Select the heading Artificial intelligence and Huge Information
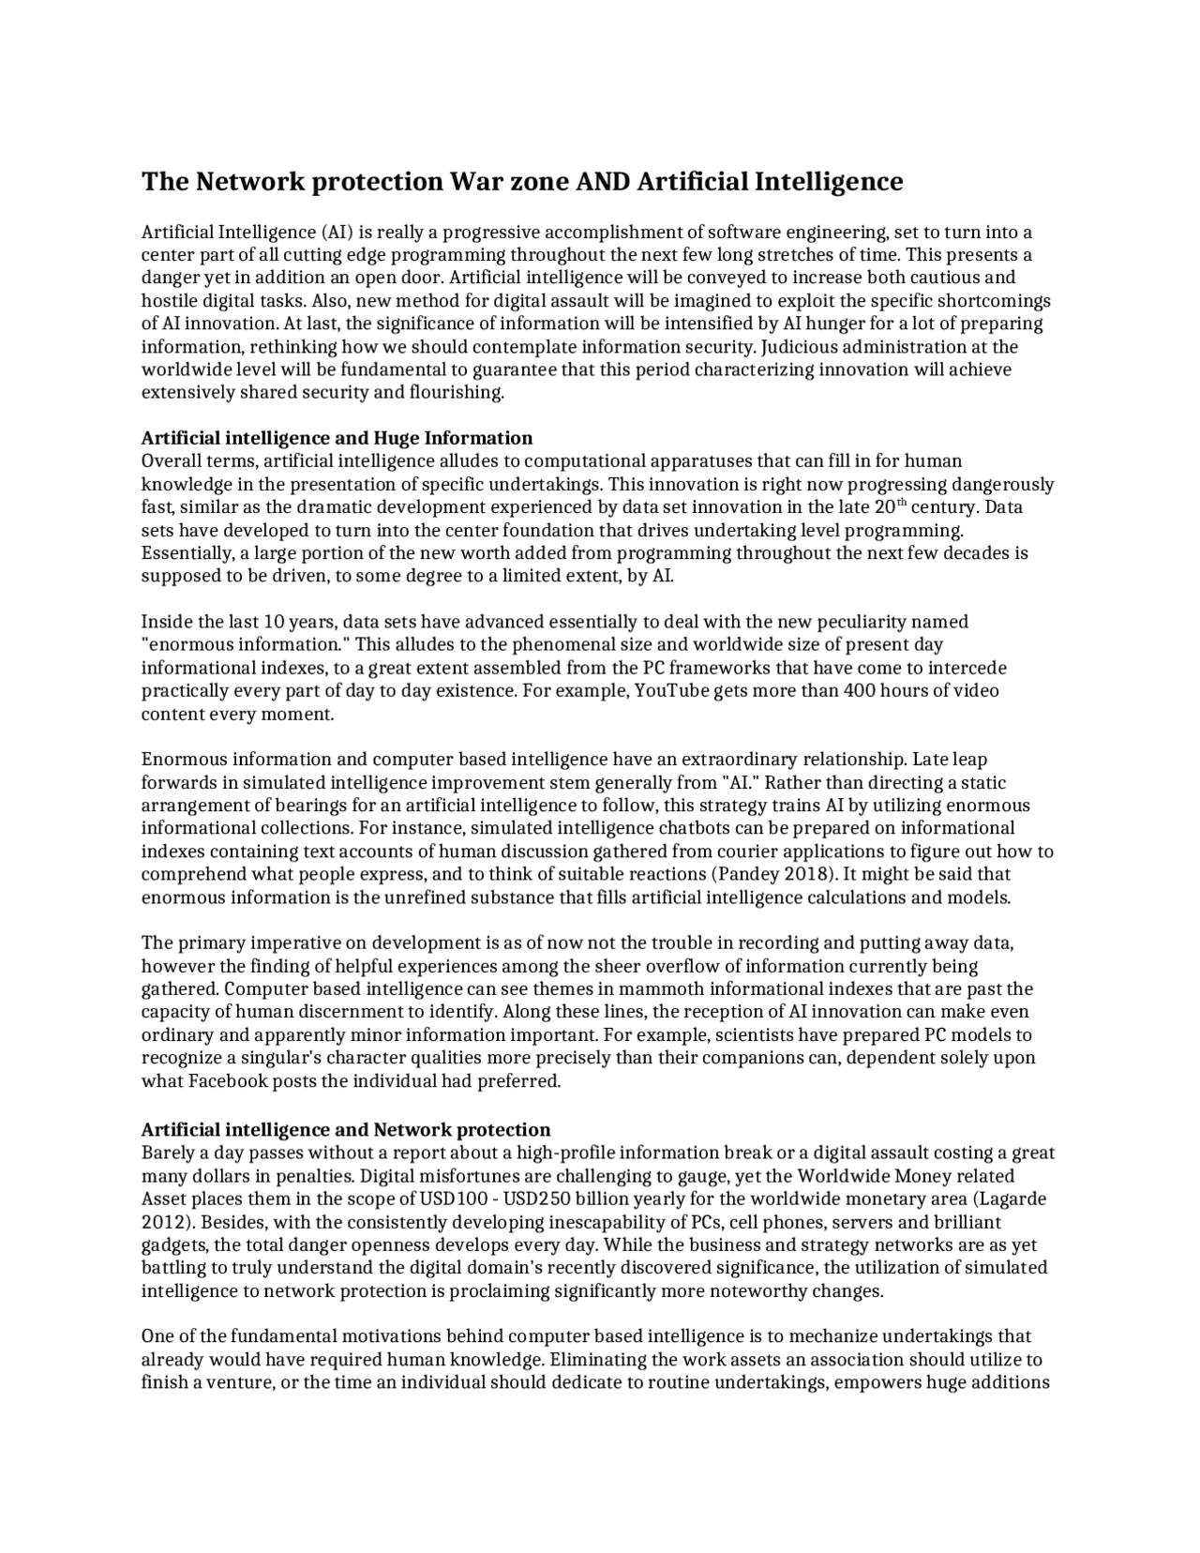coord(337,438)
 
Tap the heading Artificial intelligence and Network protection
coord(345,1129)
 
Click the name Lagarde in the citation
coord(1012,1199)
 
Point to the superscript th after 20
coord(901,503)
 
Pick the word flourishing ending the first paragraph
coord(457,393)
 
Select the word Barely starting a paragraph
coord(166,1153)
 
